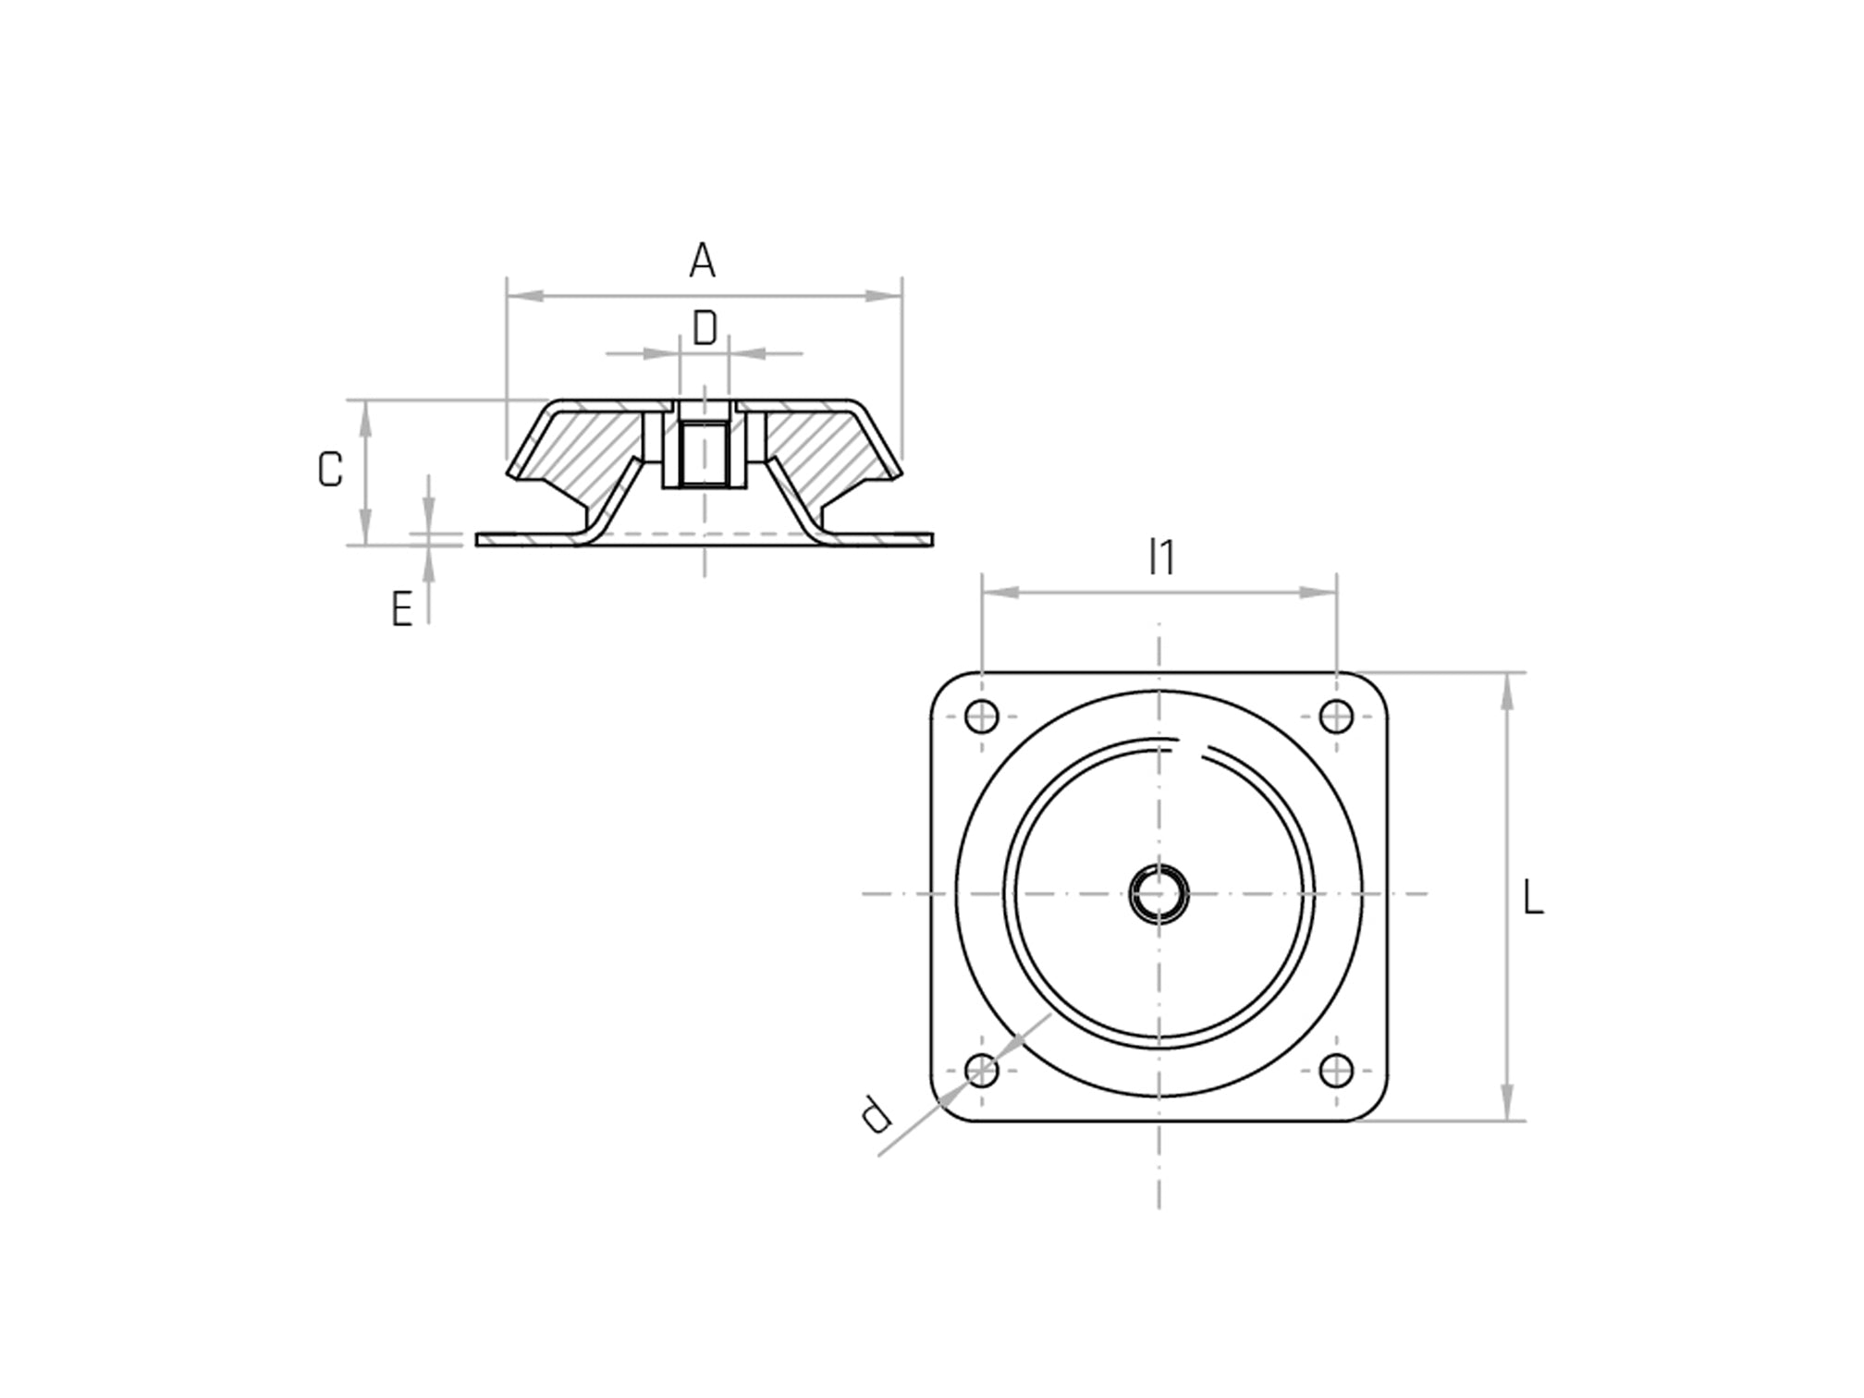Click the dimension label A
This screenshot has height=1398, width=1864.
point(702,261)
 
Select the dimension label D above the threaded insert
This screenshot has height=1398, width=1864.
point(705,328)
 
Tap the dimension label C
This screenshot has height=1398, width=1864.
point(330,470)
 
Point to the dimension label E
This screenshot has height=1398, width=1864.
point(401,610)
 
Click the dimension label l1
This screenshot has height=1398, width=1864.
point(1161,558)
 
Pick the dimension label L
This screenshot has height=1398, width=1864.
point(1533,899)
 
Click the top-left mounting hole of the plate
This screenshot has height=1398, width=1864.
point(982,717)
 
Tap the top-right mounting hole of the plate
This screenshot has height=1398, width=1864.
point(1336,717)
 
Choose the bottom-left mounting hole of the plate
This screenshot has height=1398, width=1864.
point(982,1071)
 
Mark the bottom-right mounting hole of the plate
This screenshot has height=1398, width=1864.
point(1336,1071)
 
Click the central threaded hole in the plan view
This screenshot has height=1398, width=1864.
point(1159,893)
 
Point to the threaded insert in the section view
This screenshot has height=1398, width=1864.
point(704,453)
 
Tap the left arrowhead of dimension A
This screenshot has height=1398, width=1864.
point(523,296)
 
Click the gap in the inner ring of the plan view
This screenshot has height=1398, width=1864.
point(1194,743)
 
